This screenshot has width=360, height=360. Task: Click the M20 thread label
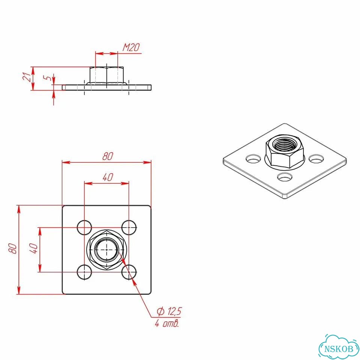(131, 48)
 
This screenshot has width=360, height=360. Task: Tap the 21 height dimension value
(27, 76)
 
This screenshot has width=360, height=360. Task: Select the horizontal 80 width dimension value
(108, 156)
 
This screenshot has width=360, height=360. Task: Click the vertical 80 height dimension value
(13, 249)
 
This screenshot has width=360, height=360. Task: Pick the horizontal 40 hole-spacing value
(108, 177)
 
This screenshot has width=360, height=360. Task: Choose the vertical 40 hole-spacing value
(34, 248)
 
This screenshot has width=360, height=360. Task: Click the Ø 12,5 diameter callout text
(169, 311)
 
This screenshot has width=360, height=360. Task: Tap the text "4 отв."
(167, 324)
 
